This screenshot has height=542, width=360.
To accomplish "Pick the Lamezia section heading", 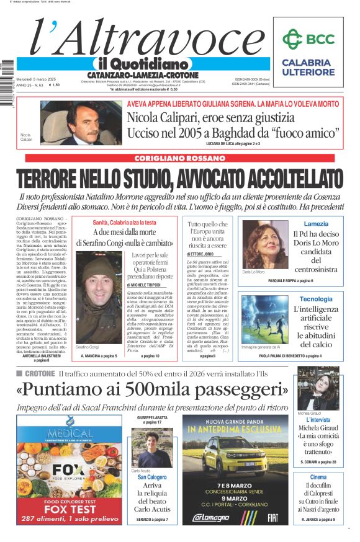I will pyautogui.click(x=316, y=224).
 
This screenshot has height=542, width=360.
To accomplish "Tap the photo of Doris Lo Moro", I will pyautogui.click(x=265, y=246).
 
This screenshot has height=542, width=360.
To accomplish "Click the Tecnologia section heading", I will pyautogui.click(x=316, y=299).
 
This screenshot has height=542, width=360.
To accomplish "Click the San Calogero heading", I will pyautogui.click(x=152, y=477).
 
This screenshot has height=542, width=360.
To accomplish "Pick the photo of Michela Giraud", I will pyautogui.click(x=327, y=388).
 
